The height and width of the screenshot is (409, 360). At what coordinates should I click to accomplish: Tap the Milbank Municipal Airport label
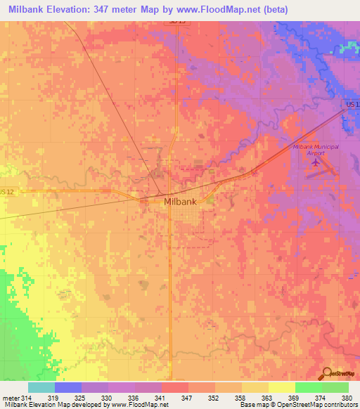pyautogui.click(x=316, y=149)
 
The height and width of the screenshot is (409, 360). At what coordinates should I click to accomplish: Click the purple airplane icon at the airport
pyautogui.click(x=314, y=162)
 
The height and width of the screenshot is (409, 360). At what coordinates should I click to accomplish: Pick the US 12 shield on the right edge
pyautogui.click(x=352, y=105)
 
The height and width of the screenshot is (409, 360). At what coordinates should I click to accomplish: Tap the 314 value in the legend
pyautogui.click(x=27, y=398)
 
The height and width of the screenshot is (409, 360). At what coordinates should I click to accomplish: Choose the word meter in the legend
pyautogui.click(x=10, y=398)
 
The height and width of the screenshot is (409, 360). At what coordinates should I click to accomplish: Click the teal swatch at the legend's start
pyautogui.click(x=41, y=387)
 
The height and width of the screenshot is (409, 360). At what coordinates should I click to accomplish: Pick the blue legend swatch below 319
pyautogui.click(x=67, y=387)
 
